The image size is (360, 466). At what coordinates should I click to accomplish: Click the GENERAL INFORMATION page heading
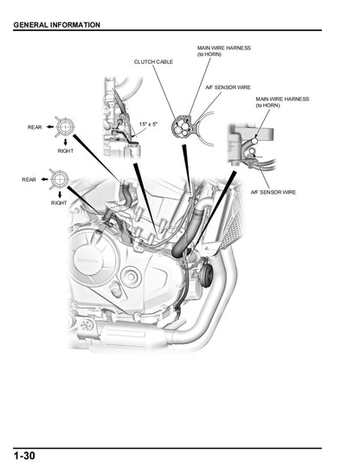(x=56, y=24)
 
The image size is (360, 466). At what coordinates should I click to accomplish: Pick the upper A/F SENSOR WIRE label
(x=228, y=86)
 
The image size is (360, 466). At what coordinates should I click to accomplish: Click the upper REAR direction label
(x=34, y=127)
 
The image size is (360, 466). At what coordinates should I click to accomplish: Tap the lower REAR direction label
(x=29, y=179)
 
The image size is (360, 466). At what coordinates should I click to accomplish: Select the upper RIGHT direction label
(x=65, y=150)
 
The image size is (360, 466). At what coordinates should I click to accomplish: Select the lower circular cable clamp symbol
(x=60, y=179)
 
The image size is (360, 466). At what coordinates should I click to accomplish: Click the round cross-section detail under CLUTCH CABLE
(x=183, y=128)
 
